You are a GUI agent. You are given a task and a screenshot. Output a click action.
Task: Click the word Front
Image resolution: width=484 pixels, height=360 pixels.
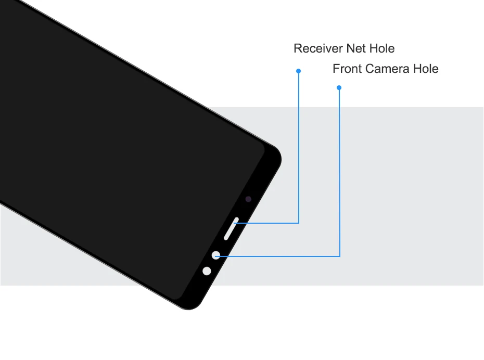coord(347,69)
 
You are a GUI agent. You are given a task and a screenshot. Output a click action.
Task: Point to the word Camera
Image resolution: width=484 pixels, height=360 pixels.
coord(387,69)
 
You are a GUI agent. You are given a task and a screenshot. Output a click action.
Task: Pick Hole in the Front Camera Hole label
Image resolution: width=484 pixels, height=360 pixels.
coord(425,69)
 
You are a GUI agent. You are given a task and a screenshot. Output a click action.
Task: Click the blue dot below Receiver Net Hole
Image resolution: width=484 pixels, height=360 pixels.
coord(298,71)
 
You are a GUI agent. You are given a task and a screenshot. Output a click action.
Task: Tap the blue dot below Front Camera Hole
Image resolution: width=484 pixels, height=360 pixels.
coord(339,87)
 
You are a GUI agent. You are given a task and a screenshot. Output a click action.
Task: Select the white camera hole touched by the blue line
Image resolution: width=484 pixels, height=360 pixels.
coord(216,255)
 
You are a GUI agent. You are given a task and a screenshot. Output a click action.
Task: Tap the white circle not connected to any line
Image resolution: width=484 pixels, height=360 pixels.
coord(207,271)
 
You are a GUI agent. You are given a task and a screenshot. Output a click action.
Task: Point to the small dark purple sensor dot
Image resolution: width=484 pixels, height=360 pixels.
coord(248,199)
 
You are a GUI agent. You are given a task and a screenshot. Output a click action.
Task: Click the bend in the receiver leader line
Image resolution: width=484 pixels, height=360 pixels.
coord(299,223)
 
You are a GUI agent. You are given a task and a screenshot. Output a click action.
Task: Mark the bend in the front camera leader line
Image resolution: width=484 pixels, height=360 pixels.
coord(339,255)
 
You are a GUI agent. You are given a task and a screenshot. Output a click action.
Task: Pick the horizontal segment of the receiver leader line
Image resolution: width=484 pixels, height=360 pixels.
coord(268,223)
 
